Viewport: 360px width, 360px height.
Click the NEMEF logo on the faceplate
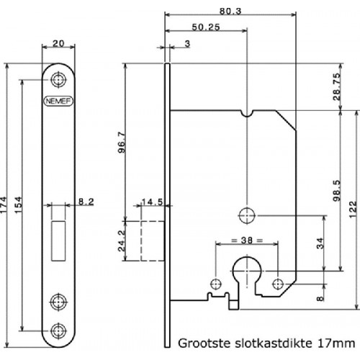tap(58, 101)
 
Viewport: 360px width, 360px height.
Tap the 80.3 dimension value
tap(230, 11)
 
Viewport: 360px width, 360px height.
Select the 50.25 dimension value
tap(206, 27)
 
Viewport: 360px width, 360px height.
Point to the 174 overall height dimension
tap(4, 204)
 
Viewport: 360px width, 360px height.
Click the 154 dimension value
tap(18, 204)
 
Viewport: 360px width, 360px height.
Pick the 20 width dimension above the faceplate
tap(58, 43)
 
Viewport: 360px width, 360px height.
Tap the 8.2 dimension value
tap(86, 202)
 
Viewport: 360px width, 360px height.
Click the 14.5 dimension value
tap(152, 202)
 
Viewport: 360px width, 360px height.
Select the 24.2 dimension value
tap(122, 240)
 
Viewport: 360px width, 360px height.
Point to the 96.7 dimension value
tap(122, 143)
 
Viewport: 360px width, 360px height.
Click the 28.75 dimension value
tap(337, 86)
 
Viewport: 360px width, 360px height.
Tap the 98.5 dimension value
tap(337, 191)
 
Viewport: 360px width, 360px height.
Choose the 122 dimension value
tap(353, 210)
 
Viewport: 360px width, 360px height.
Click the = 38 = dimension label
tap(247, 240)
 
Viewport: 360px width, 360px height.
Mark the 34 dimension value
tap(320, 243)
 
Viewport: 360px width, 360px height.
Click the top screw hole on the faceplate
tap(58, 80)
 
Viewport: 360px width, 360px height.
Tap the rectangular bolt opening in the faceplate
tap(58, 240)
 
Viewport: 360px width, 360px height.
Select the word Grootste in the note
tap(204, 343)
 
